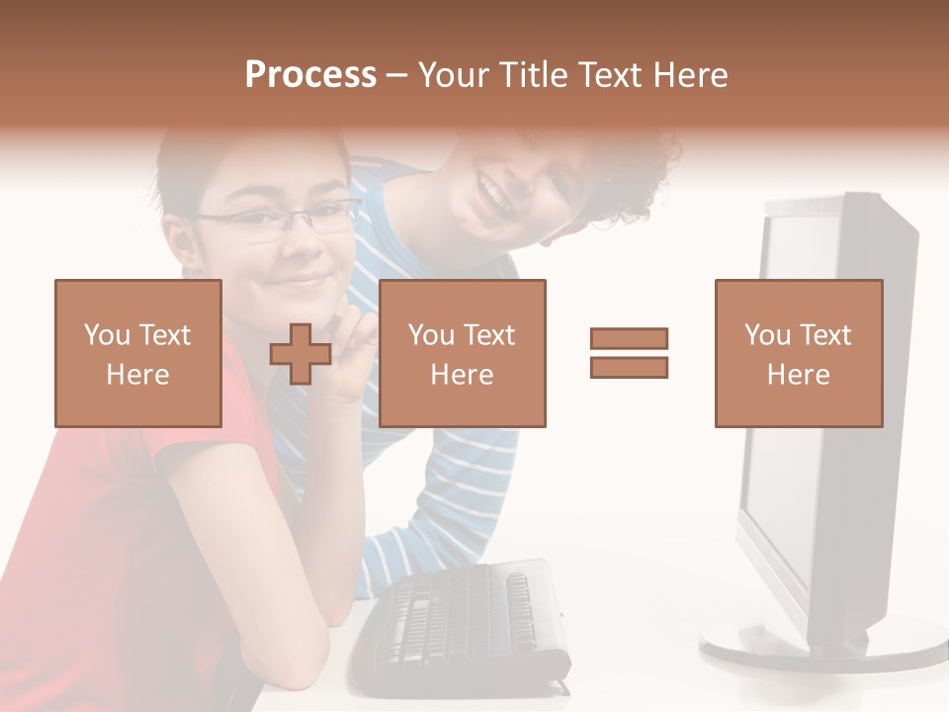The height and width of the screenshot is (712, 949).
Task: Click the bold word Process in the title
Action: coord(310,75)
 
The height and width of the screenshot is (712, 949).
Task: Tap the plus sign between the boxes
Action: coord(301,353)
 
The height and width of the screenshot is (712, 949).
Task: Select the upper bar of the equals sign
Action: coord(629,338)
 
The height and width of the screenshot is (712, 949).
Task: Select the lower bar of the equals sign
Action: coord(629,368)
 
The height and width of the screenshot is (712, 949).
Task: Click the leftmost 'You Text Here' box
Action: coord(137,353)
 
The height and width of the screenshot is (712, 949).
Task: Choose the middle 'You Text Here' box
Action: coord(462,353)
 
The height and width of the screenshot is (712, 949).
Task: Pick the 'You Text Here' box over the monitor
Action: coord(798,353)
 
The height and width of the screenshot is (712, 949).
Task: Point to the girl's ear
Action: coord(181,242)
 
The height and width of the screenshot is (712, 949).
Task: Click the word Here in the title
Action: coord(689,75)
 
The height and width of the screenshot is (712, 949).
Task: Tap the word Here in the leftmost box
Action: coord(137,375)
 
